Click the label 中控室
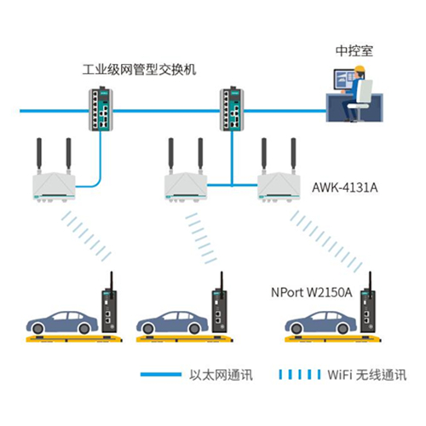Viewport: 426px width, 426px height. tap(354, 51)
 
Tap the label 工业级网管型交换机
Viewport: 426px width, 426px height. tap(139, 70)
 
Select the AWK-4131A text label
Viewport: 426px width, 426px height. tap(345, 187)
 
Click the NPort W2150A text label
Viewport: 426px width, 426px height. tap(312, 292)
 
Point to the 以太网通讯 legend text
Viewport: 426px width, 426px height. tap(221, 375)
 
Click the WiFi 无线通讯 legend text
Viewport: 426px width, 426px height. tap(367, 375)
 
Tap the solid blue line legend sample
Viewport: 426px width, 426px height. tap(161, 375)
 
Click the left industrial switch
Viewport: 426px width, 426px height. tap(101, 109)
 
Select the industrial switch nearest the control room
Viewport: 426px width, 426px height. tap(232, 109)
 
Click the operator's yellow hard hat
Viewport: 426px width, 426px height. tap(360, 69)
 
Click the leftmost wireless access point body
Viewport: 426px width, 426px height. tap(54, 186)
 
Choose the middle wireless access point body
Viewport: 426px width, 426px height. tap(186, 186)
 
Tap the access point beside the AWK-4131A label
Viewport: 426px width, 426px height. tap(279, 186)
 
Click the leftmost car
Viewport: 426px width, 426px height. tap(62, 322)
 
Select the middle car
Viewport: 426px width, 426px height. tap(172, 322)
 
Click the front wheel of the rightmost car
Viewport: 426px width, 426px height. tap(296, 329)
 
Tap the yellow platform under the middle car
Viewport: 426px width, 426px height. tap(185, 338)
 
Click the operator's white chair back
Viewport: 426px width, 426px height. tap(365, 91)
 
